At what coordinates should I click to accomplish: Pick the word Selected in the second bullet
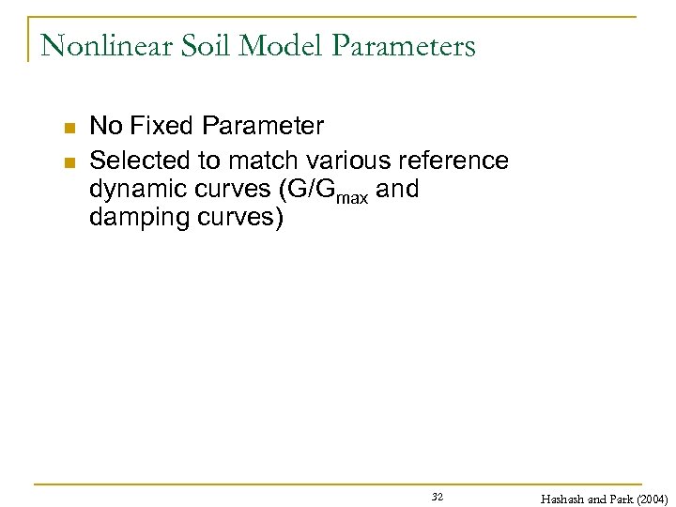pos(131,161)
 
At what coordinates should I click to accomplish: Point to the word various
pos(342,161)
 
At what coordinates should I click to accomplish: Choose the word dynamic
pos(133,189)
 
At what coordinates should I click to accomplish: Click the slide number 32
pos(438,495)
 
